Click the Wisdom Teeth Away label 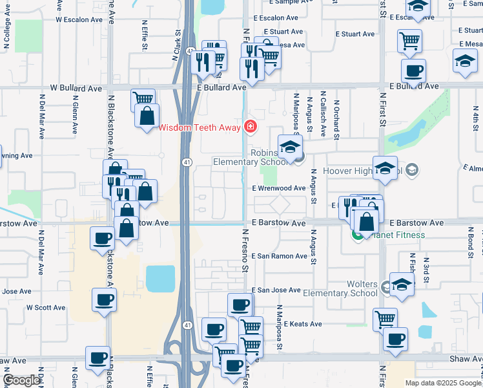[200, 127]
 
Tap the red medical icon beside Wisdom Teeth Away [250, 127]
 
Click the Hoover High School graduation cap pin [385, 168]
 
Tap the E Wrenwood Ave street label [279, 188]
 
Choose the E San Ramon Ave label [280, 256]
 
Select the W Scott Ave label [46, 308]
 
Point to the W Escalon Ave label [79, 19]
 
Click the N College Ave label [8, 36]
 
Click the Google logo [21, 380]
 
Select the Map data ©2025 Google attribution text [442, 383]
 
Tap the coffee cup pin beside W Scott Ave [105, 300]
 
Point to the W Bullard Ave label [77, 87]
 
